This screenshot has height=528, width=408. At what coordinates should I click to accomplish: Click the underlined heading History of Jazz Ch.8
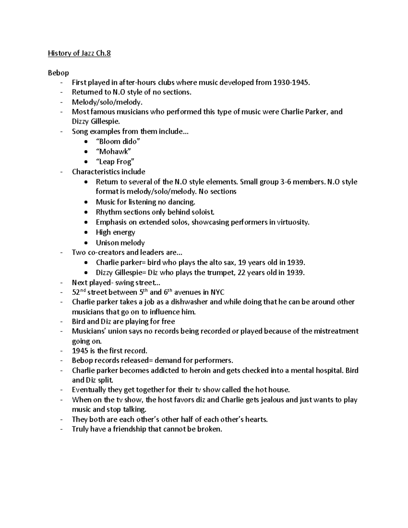click(x=79, y=53)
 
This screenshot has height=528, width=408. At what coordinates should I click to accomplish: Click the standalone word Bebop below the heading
click(x=58, y=73)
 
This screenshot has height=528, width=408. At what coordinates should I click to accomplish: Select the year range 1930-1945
click(x=292, y=83)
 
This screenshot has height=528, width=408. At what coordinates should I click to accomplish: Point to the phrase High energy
click(x=115, y=233)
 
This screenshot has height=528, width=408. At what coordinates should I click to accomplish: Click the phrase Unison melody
click(x=120, y=243)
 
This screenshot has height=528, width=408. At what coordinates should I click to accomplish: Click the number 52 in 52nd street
click(x=76, y=293)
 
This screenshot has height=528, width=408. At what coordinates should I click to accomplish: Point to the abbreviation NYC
click(x=217, y=292)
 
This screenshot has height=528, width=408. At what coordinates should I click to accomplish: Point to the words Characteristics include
click(x=108, y=172)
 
